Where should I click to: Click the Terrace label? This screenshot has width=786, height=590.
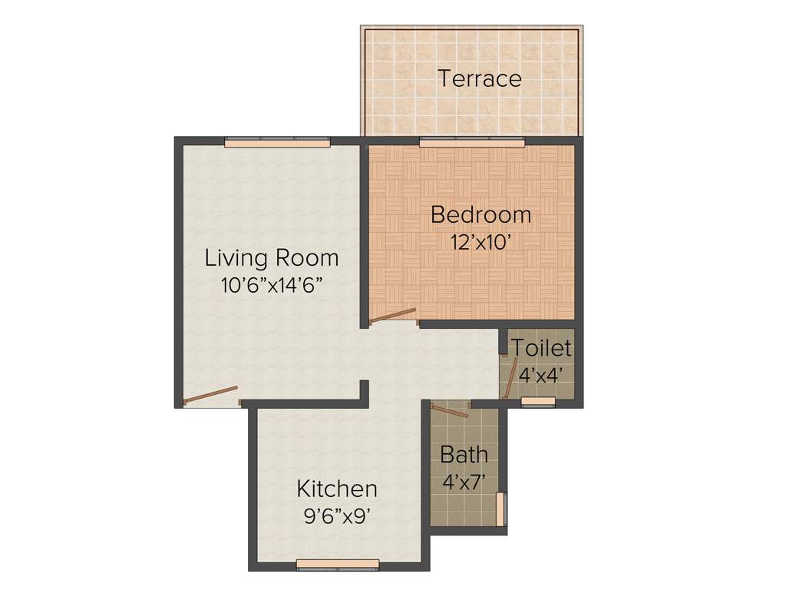(480, 78)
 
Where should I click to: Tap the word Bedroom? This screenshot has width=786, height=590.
(481, 214)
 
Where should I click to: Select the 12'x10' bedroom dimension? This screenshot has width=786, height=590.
(481, 240)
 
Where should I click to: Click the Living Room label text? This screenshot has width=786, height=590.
(271, 257)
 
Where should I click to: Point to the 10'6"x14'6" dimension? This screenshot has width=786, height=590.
(271, 285)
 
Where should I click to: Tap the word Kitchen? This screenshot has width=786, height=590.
(337, 489)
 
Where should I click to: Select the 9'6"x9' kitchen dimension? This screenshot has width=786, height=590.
(338, 515)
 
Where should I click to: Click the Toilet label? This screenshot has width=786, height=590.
(542, 348)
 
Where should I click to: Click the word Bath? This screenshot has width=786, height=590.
(464, 454)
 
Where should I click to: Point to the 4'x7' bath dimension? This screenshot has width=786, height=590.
(464, 482)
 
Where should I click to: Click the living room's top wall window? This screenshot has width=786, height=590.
(277, 141)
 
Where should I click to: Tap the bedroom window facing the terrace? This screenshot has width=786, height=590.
(472, 141)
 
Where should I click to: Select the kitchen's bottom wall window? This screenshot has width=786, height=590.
(338, 564)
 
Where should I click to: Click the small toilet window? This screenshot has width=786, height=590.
(538, 402)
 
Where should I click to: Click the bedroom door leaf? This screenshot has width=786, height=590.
(392, 316)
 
